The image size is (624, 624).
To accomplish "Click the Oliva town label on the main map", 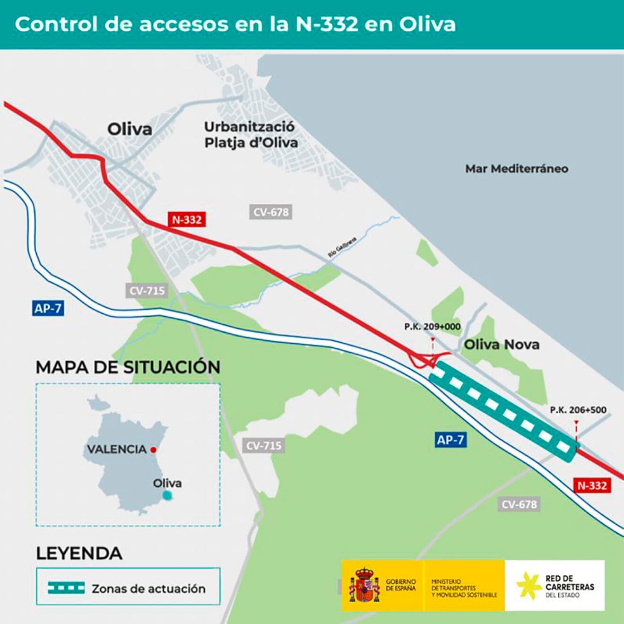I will pos(130,129).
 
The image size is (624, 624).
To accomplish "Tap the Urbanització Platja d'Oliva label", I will pos(251,135).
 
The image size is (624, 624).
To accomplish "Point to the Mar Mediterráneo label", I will pos(517,169).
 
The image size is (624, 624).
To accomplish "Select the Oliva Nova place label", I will pos(502,344).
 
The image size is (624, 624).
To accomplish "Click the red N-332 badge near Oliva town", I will pos(187,220).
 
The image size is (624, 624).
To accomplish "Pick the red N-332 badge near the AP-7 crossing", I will pos(592,485).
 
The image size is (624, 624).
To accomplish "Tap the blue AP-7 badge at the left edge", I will pos(48,309).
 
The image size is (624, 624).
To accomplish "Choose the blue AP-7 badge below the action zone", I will pos(450,440).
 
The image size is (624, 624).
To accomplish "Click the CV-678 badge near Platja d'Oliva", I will pos(270,212).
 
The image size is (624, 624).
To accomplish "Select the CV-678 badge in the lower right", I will pos(519,504).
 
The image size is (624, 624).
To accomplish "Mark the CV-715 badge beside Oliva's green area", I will pos(147,291).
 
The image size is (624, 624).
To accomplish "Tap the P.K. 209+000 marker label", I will pos(432,327).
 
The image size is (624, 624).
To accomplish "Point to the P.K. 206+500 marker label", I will pos(578,410).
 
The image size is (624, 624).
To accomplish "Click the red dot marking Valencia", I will pos(153,450).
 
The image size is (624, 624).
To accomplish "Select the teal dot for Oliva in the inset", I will pos(166,495).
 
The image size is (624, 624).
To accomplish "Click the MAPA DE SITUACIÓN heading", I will pos(128,367).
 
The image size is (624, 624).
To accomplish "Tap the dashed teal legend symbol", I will pos(66,588).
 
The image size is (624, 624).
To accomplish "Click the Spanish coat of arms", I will pos(364,585).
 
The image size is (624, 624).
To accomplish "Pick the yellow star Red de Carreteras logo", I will pos(529,585).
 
